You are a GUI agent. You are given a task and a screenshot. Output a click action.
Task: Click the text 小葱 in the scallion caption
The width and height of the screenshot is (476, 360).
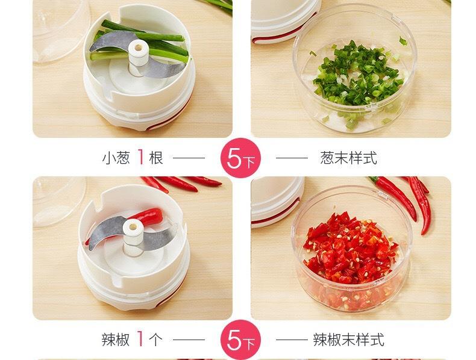[116, 158]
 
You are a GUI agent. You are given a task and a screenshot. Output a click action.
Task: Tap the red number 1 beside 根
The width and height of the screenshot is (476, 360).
[140, 157]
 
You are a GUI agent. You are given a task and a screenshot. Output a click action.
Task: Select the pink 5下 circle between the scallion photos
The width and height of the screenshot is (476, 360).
[240, 158]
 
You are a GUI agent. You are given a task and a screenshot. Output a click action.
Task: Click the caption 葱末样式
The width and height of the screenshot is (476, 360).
[348, 158]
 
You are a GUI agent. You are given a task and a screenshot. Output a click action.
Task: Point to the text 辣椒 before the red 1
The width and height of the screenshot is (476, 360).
[116, 340]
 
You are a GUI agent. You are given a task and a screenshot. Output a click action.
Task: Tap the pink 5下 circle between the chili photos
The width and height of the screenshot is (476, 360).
[240, 340]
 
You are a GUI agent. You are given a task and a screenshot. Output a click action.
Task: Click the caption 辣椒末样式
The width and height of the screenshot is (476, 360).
[348, 340]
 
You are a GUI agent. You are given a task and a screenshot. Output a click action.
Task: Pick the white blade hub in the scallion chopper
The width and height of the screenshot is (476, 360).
[138, 57]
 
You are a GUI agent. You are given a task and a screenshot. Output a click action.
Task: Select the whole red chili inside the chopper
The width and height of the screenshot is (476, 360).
[149, 216]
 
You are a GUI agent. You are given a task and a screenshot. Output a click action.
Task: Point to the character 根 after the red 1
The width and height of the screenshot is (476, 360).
[156, 158]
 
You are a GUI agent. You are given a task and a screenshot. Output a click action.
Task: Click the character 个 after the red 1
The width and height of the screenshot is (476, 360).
[155, 340]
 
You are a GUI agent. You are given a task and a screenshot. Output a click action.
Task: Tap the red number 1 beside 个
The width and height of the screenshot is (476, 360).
[140, 339]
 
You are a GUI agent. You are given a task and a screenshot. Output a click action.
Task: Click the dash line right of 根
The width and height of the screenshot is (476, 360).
[189, 158]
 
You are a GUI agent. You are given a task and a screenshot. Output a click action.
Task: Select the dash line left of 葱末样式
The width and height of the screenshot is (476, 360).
[292, 158]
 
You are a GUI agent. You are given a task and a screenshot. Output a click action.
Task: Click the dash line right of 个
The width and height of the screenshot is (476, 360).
[189, 340]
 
